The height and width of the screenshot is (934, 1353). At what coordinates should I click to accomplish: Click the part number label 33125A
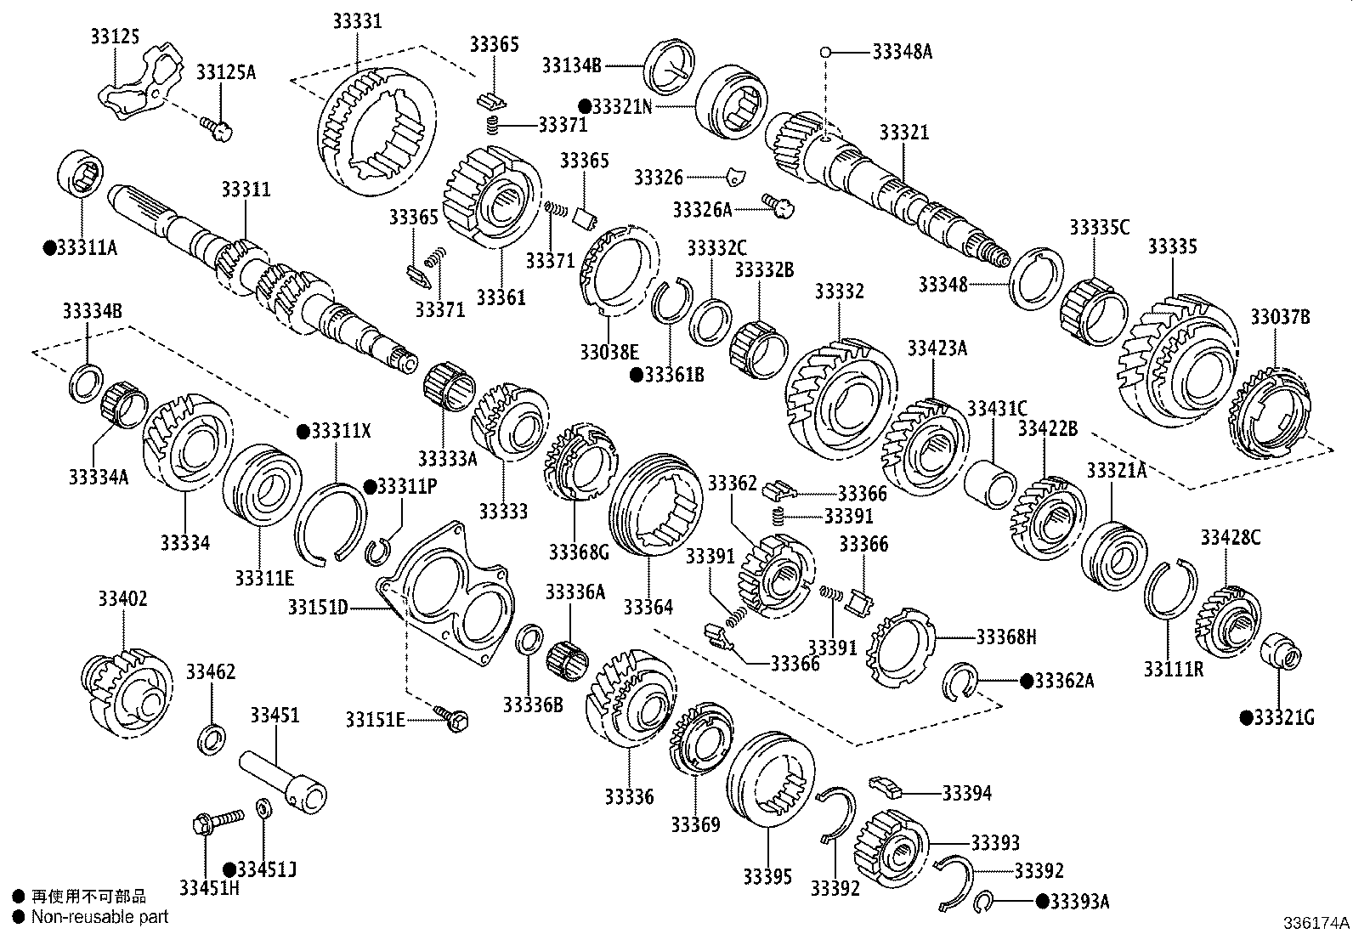point(225,71)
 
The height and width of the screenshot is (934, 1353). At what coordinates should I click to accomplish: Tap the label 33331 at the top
point(357,21)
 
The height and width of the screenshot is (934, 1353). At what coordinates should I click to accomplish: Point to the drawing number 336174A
point(1316,923)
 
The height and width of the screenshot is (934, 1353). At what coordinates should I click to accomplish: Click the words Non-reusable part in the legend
point(99,917)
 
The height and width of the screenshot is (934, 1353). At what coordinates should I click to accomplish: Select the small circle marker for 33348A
point(824,52)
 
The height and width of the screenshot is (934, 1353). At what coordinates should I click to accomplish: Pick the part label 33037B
point(1279,318)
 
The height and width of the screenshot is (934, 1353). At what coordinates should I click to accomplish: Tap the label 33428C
point(1230,537)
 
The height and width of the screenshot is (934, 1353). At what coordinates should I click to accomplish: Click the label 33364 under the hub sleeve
point(648,607)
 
